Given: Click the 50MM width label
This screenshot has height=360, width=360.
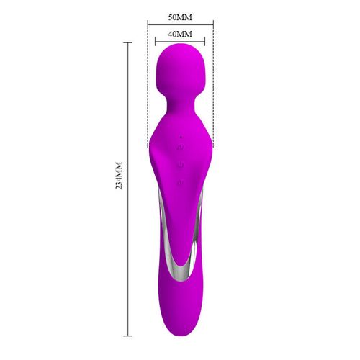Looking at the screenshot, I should coord(180,16).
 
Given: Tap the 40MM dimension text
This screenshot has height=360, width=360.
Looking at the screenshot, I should coord(180,34).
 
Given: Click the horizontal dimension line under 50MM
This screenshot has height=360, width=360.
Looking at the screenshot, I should coord(180,24).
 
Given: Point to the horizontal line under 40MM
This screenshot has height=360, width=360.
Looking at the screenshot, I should coord(180,42).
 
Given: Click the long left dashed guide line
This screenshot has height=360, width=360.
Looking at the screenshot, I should coord(148,86).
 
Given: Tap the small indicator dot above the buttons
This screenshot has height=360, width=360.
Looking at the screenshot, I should coord(180,136).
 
